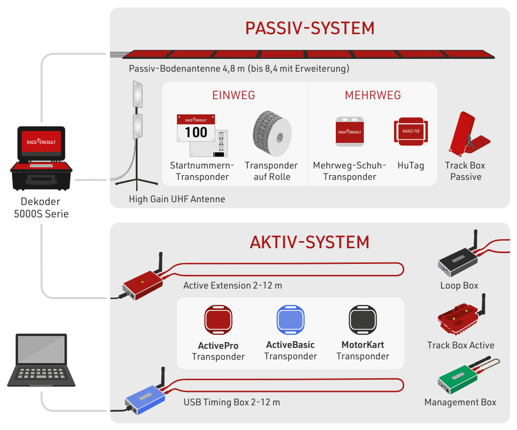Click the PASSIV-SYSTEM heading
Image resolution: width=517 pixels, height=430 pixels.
click(x=310, y=28)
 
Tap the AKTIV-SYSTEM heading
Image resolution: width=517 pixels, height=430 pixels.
click(x=310, y=242)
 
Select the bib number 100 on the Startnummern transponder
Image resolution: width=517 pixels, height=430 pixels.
click(x=196, y=132)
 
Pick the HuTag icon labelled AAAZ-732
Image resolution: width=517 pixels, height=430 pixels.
click(x=411, y=131)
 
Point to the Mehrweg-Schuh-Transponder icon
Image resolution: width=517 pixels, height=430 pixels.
click(x=350, y=131)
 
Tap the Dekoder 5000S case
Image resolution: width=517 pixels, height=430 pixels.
click(x=41, y=159)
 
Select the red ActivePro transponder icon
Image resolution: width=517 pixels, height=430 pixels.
click(x=218, y=319)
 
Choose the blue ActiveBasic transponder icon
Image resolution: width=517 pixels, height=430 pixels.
click(x=290, y=319)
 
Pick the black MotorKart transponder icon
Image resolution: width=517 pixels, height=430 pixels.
click(x=362, y=319)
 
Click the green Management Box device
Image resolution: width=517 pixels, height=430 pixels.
click(x=457, y=380)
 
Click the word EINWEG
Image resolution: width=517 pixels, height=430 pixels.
click(x=233, y=95)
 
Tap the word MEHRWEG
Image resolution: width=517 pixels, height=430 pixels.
click(x=373, y=95)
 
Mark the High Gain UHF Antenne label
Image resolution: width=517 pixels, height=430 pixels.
click(x=177, y=199)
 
